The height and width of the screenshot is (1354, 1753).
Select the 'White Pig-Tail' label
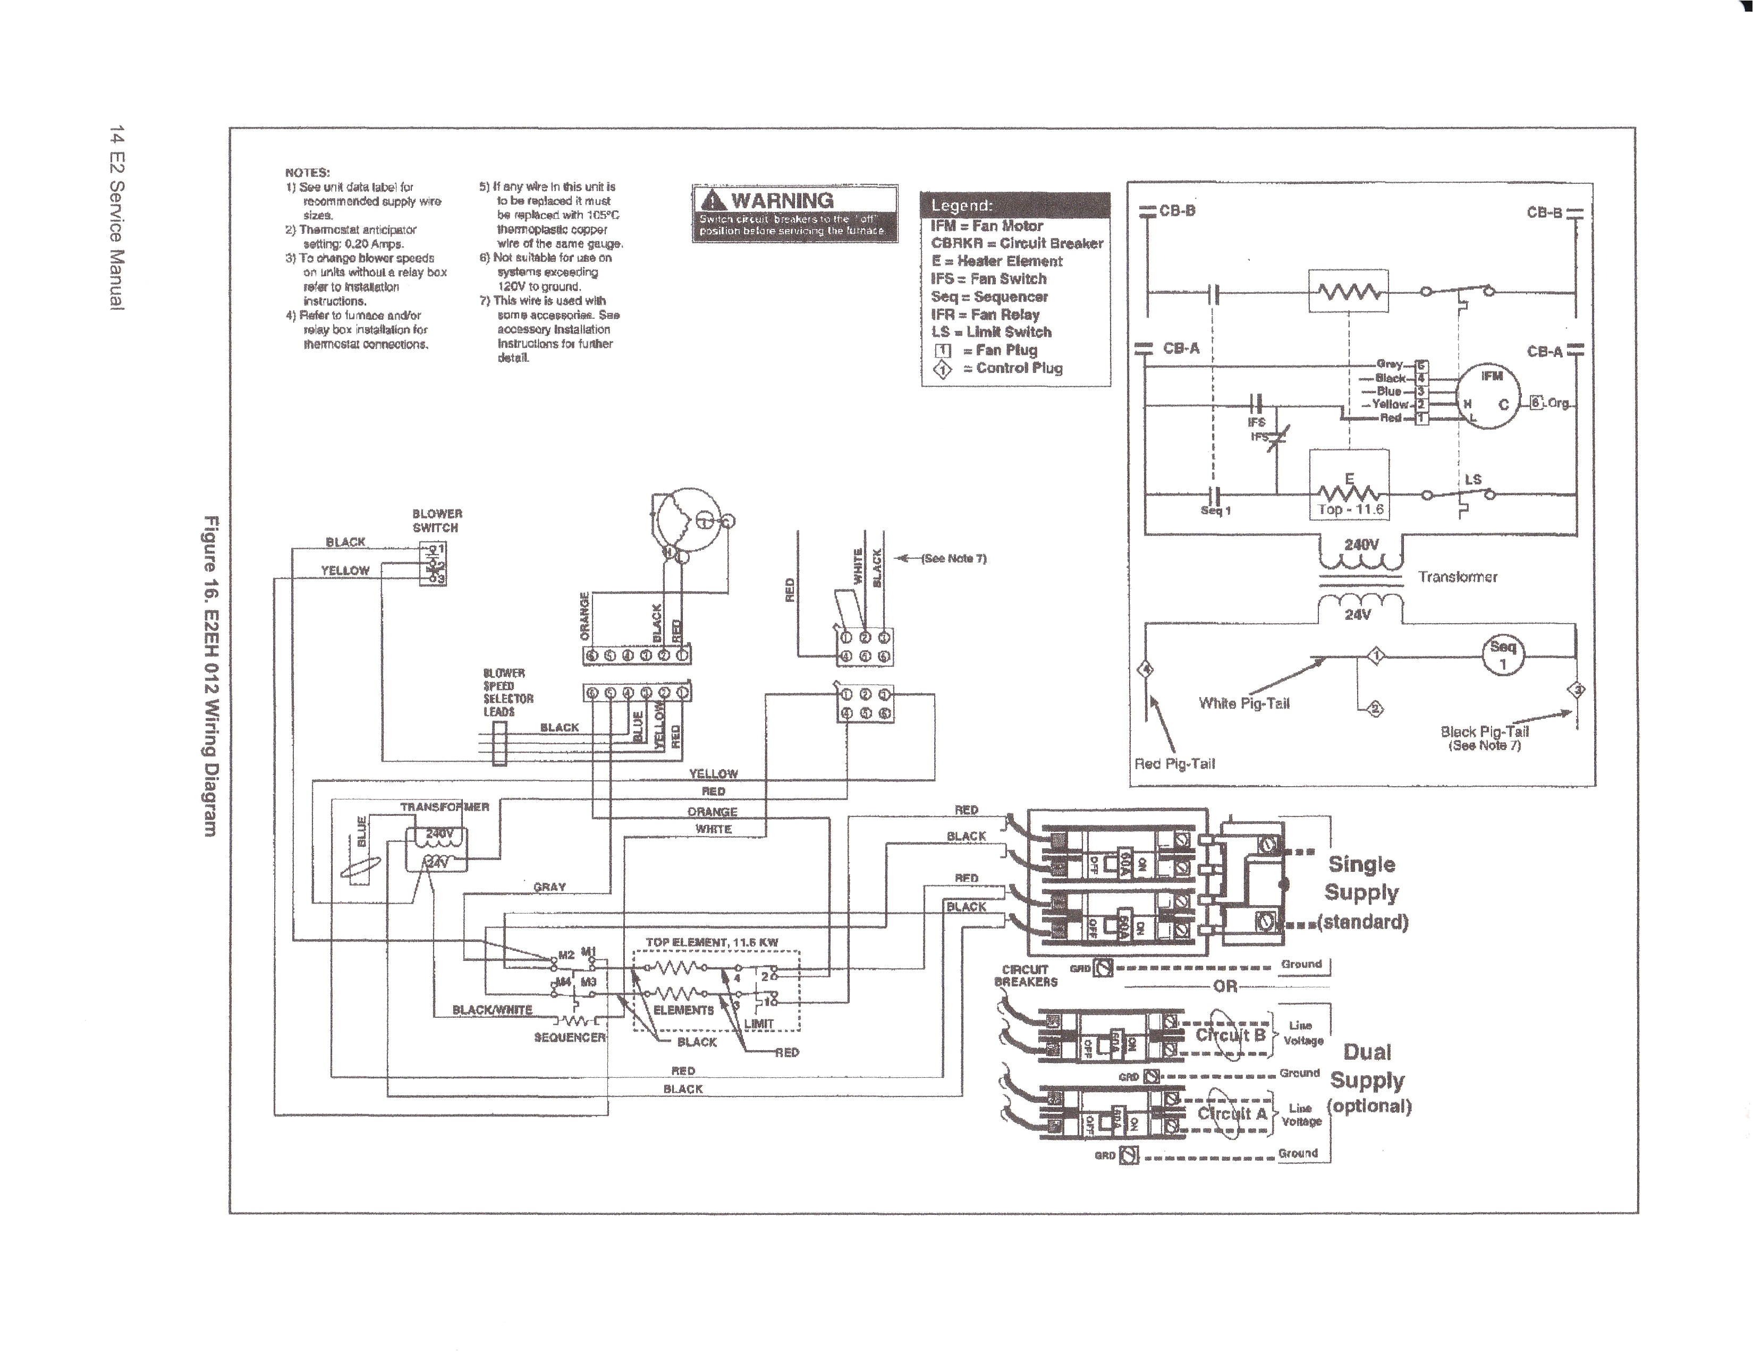(x=1243, y=703)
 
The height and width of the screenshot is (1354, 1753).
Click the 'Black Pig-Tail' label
(x=1484, y=731)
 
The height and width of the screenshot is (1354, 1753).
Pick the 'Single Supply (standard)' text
(x=1363, y=892)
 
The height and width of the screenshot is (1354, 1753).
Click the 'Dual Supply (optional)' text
(x=1368, y=1079)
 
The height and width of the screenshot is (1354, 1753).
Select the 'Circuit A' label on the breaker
(x=1232, y=1114)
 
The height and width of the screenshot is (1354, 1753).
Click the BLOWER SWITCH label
(x=437, y=520)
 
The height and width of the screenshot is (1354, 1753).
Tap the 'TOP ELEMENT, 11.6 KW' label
(x=711, y=942)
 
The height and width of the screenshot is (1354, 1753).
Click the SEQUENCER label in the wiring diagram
(x=569, y=1038)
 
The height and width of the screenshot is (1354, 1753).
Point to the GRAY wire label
(x=550, y=887)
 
